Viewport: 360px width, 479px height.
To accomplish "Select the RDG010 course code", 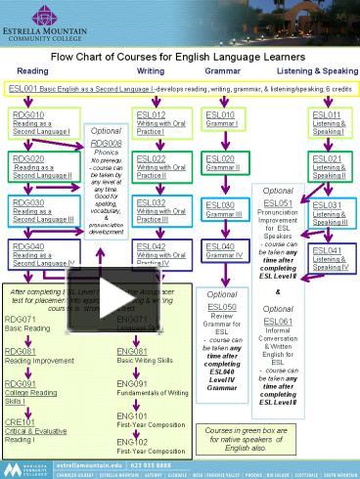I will pos(25,116).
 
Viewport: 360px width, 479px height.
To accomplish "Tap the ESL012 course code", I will pos(150,116).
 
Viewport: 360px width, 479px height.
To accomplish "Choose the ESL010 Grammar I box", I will pos(226,121).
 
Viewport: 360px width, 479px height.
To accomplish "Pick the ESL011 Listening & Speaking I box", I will pos(329,121).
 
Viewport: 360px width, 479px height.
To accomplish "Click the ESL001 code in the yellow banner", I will pos(23,89).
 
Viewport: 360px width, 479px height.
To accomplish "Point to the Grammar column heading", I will pos(222,71).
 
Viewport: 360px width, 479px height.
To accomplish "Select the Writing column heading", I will pos(150,71).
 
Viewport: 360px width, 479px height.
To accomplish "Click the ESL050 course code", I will pos(223,306).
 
